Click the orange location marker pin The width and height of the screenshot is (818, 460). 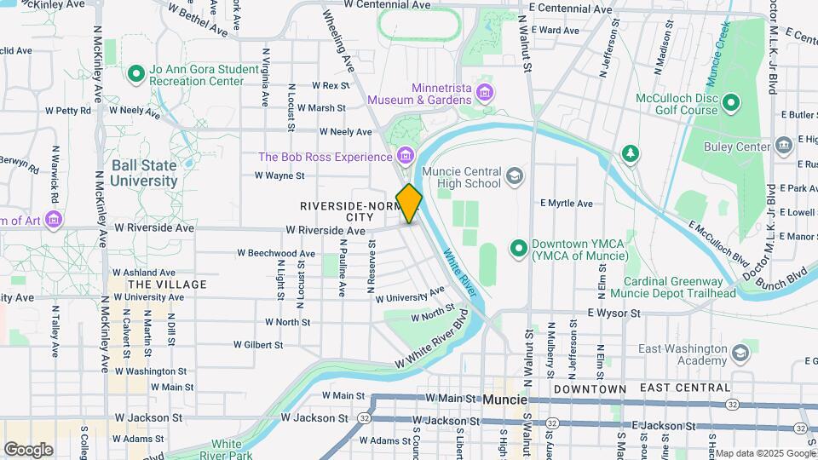[x=409, y=204]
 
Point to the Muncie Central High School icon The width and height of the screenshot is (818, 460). [x=514, y=176]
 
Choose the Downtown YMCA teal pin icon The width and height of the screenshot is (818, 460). [x=517, y=249]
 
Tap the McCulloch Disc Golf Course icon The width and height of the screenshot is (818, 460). [x=731, y=104]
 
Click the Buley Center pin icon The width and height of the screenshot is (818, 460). [x=783, y=147]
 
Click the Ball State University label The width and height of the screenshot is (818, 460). [x=143, y=173]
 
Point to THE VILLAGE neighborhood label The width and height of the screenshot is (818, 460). [x=166, y=284]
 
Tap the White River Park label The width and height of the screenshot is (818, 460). [x=226, y=449]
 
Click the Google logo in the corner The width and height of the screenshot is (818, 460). [x=28, y=450]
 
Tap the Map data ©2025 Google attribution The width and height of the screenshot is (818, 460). [x=764, y=453]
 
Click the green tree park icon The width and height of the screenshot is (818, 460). [x=630, y=153]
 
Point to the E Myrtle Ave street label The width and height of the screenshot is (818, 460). [x=566, y=204]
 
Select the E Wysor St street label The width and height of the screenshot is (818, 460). [x=613, y=313]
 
